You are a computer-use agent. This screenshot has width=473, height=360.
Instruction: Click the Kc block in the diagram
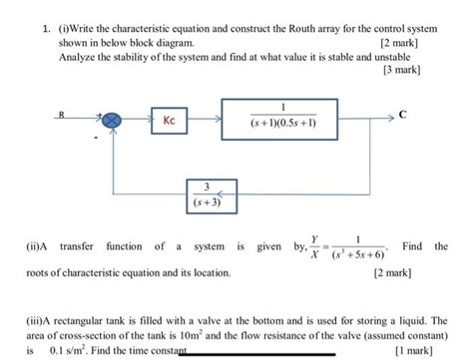coord(170,121)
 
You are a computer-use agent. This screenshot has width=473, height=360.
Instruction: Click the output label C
coord(402,115)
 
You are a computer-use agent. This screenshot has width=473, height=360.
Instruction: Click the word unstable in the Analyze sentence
coord(400,58)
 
